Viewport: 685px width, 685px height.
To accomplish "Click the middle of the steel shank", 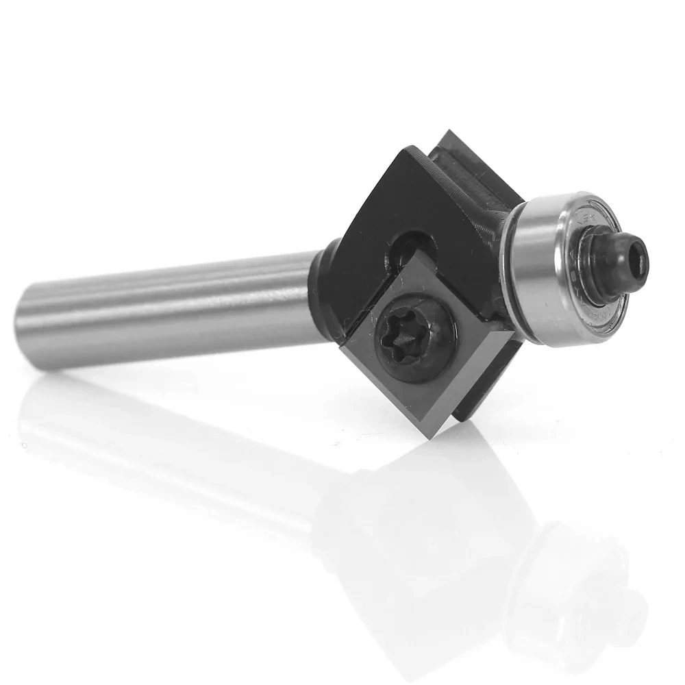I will click(x=171, y=308).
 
